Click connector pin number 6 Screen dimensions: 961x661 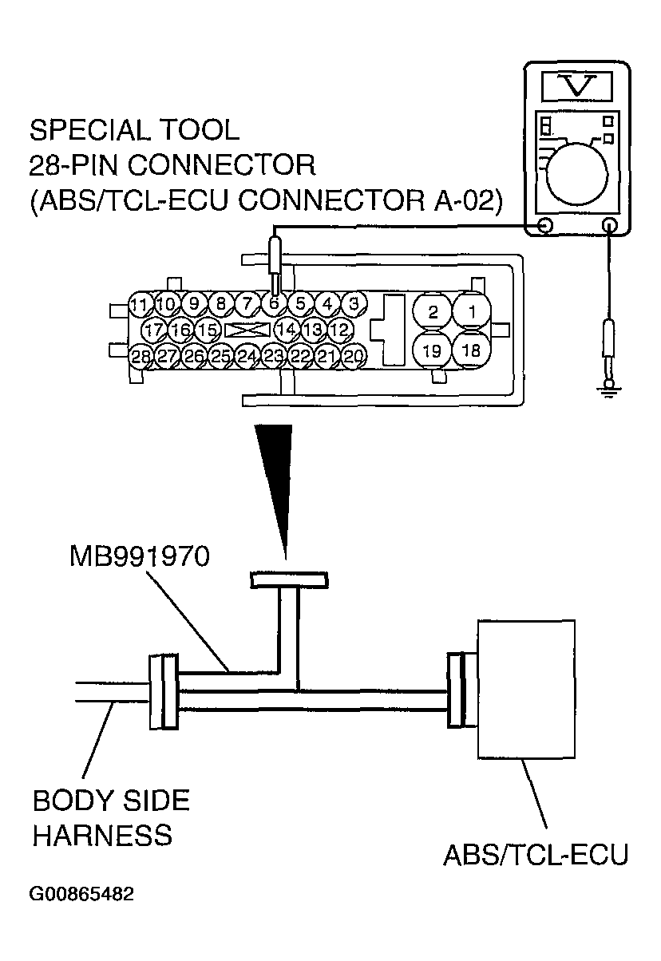(x=273, y=303)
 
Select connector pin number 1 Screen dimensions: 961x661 (x=472, y=311)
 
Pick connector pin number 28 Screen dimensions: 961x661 (x=141, y=356)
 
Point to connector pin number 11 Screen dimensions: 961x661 (x=141, y=304)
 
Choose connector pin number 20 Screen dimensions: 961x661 (x=353, y=356)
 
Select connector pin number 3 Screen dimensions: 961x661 (x=353, y=303)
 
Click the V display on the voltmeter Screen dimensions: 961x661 (x=578, y=85)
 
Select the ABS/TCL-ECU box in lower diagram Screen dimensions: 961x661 (x=525, y=687)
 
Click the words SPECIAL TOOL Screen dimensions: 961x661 (x=133, y=129)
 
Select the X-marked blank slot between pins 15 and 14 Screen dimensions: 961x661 (x=247, y=330)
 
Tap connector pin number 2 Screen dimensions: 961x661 (x=433, y=311)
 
